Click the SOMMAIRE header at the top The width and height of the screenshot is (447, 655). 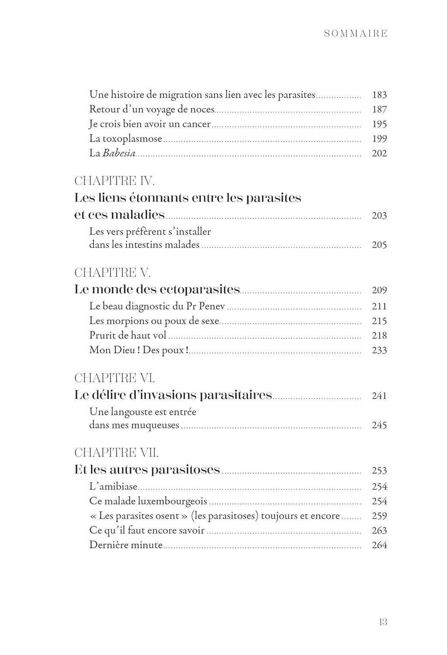coord(356,34)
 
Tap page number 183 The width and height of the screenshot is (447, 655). coord(379,95)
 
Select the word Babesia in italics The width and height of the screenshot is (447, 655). coord(119,153)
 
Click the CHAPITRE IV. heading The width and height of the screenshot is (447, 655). coord(114,181)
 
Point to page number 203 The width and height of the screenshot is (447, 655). coord(379,216)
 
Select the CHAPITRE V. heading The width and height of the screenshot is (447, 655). coord(112,273)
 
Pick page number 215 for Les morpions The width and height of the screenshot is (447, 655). coord(379,321)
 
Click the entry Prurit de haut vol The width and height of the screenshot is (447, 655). coord(129,336)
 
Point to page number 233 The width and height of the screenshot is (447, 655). coord(379,350)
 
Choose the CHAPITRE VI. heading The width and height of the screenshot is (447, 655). coord(114,378)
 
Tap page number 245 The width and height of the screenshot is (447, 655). coord(379,425)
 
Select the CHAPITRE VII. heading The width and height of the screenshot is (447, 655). coord(117,453)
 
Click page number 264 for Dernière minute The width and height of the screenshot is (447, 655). coord(379,545)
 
